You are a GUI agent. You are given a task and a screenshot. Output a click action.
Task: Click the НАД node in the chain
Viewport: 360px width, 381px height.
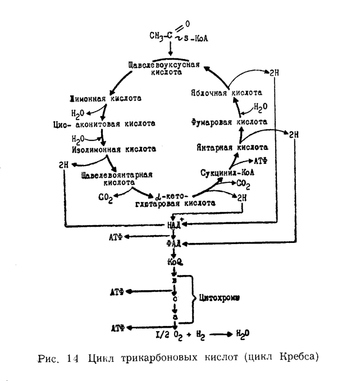(175, 224)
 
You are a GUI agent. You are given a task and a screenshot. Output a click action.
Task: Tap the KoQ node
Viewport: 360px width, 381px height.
(175, 261)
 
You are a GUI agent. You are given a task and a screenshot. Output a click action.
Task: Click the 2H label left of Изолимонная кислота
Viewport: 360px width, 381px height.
(63, 165)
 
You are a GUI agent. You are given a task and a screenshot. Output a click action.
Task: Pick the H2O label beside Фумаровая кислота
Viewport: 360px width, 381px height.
(261, 106)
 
